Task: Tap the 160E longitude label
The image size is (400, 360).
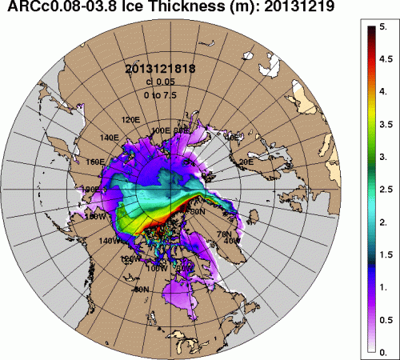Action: point(94,162)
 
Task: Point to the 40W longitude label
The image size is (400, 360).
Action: point(233,241)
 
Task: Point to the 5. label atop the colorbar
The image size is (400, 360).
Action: point(383,26)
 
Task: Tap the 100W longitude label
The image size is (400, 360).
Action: point(158,268)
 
